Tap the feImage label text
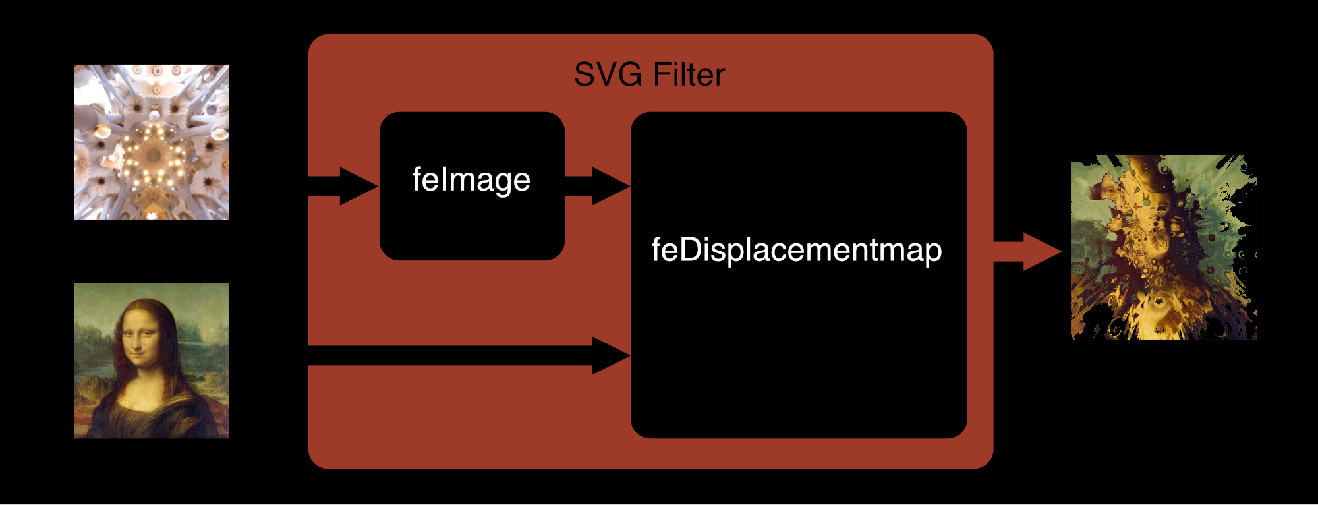pyautogui.click(x=471, y=179)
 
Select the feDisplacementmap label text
pyautogui.click(x=797, y=250)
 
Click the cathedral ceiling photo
pyautogui.click(x=152, y=142)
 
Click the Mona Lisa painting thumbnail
pyautogui.click(x=152, y=361)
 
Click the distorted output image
pyautogui.click(x=1164, y=247)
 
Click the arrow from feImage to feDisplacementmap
pyautogui.click(x=596, y=186)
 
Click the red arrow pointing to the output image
pyautogui.click(x=1028, y=252)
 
